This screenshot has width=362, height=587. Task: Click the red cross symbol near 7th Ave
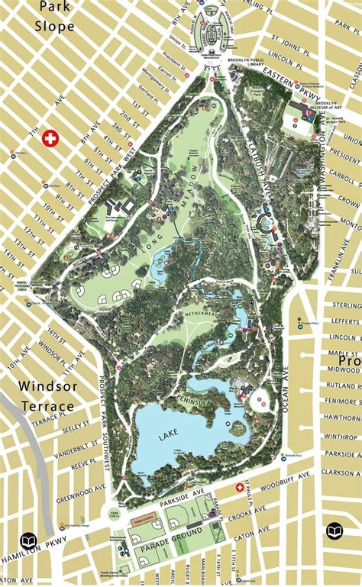tap(51, 138)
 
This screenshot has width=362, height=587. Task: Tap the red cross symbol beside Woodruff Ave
tap(239, 486)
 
